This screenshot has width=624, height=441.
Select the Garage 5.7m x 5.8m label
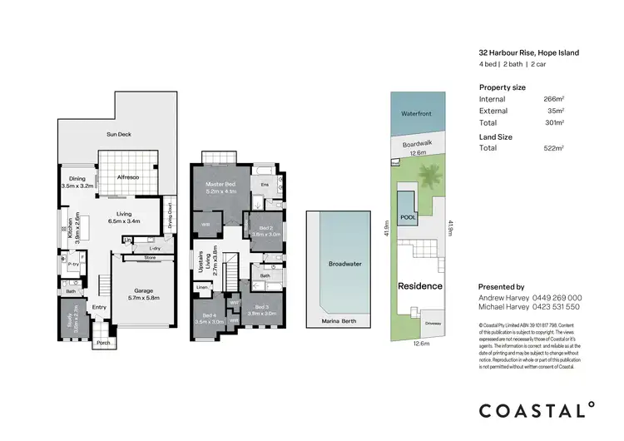[x=143, y=294]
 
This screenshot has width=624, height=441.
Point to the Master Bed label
[x=221, y=187]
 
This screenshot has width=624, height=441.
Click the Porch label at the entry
[x=103, y=342]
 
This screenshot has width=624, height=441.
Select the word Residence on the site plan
[x=420, y=285]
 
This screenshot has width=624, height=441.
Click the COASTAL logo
[x=537, y=409]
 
